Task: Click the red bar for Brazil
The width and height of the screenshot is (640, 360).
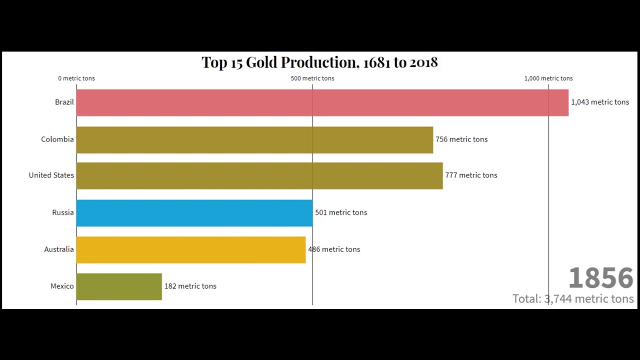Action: [322, 102]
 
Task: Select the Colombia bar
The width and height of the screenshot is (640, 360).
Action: [254, 139]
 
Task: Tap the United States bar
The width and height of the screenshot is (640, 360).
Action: [259, 175]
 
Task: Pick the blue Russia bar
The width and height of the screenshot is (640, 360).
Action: [194, 213]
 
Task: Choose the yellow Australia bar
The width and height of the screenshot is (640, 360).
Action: [190, 249]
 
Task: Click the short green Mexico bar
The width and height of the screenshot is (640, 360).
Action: [119, 286]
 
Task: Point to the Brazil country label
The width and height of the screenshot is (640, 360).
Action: [64, 102]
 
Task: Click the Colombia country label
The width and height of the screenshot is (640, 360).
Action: [57, 139]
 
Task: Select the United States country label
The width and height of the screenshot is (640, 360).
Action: [51, 175]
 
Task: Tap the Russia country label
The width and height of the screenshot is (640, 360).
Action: [62, 212]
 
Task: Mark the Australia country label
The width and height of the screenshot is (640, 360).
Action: [58, 249]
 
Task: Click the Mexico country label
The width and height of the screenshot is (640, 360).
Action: [62, 286]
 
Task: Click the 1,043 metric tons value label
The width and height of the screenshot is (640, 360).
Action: [600, 102]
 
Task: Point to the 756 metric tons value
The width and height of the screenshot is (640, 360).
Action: [461, 139]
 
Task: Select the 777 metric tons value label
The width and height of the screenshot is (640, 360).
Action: [471, 175]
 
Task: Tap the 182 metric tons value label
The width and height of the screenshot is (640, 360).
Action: [190, 286]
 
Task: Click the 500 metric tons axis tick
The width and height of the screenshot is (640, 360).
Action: [312, 78]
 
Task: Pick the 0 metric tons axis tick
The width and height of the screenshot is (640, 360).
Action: [76, 78]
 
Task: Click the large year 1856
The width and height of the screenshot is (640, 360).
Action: [600, 278]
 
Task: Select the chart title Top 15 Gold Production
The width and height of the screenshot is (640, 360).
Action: [319, 62]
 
